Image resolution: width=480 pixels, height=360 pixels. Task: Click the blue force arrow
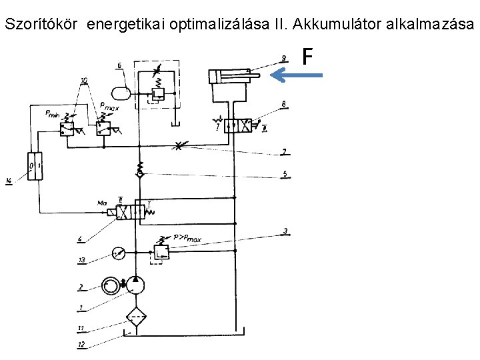[x=299, y=75]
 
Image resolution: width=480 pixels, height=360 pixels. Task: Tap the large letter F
[x=307, y=57]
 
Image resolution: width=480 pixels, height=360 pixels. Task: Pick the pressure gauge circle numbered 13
[x=119, y=253]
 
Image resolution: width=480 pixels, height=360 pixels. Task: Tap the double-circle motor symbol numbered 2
[x=111, y=285]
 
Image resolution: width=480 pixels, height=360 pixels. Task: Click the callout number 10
[x=84, y=81]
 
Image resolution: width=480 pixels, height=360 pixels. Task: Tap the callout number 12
[x=81, y=345]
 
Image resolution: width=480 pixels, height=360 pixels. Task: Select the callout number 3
[x=285, y=232]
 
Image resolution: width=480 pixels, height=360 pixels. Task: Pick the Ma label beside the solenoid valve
[x=102, y=201]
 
